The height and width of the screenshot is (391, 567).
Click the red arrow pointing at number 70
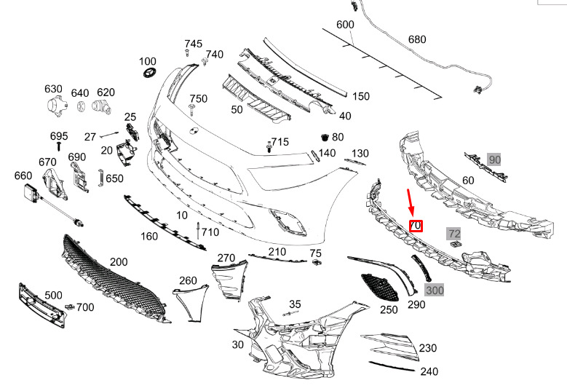(411, 202)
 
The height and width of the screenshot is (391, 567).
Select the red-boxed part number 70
(416, 226)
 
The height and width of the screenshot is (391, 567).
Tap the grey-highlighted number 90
(494, 159)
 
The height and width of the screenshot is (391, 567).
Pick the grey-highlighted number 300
(435, 290)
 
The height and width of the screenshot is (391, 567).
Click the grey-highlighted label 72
(453, 233)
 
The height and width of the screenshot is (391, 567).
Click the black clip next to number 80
(325, 137)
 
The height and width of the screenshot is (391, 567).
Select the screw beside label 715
(269, 147)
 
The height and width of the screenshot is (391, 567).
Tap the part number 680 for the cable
(417, 39)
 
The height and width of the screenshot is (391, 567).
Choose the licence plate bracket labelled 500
(42, 306)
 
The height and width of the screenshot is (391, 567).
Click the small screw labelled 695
(58, 146)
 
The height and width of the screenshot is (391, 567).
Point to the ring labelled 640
(81, 107)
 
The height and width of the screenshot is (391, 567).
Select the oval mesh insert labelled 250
(380, 287)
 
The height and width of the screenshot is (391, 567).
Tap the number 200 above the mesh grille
(119, 261)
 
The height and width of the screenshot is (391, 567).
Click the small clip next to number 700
(69, 307)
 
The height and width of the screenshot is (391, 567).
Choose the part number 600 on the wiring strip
(345, 24)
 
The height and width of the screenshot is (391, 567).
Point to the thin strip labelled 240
(392, 366)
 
